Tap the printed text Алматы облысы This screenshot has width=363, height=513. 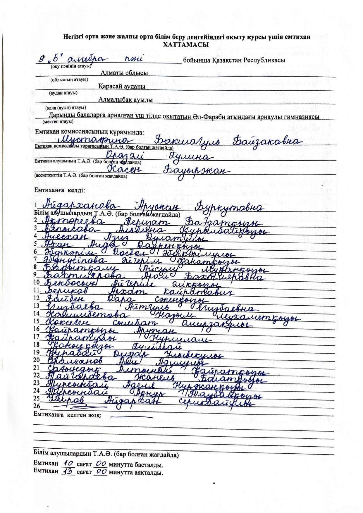pos(124,73)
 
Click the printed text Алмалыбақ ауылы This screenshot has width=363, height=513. pos(125,100)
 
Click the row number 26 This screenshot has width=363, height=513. pos(37,406)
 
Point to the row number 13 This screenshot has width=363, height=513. pos(37,306)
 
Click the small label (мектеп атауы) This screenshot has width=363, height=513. pos(58,121)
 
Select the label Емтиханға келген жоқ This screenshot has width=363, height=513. pos(68,415)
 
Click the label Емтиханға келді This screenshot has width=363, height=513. pos(60,190)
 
